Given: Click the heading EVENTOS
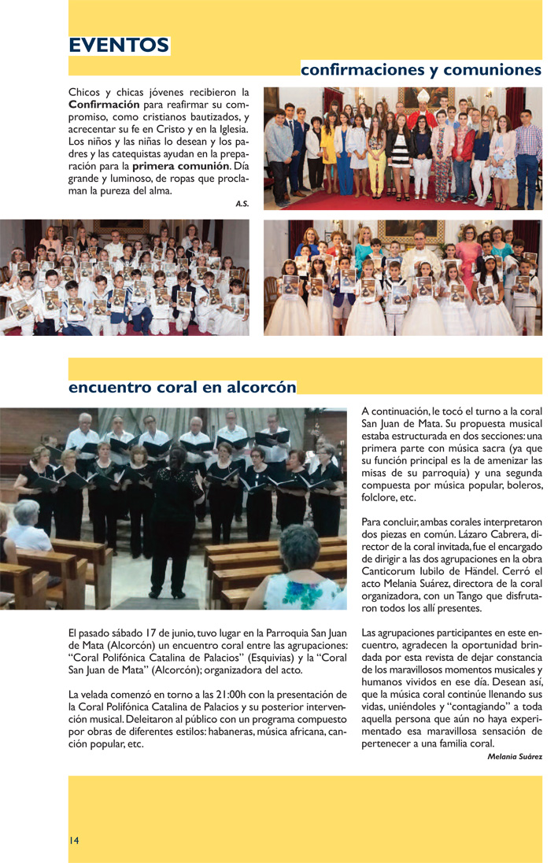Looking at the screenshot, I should tap(119, 46).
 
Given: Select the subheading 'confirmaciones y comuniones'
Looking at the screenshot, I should tap(421, 70).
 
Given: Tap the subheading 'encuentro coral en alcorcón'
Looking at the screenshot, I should tap(182, 387).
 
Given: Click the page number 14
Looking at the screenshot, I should tap(73, 840).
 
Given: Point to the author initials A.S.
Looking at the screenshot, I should tap(242, 204).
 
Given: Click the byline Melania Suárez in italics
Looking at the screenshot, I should tap(515, 757).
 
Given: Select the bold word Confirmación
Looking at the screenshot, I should tap(105, 105).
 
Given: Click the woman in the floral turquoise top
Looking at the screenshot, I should tap(304, 575).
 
